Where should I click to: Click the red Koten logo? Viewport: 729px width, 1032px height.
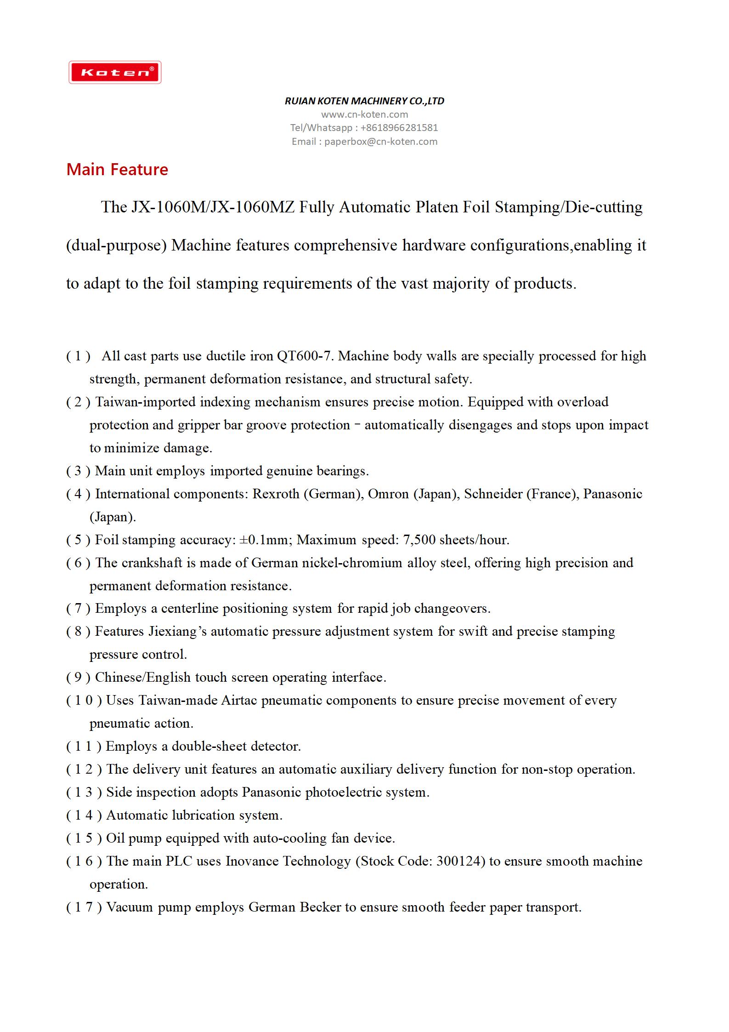pyautogui.click(x=115, y=72)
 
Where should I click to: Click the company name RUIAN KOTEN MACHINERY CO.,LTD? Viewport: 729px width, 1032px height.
pyautogui.click(x=364, y=101)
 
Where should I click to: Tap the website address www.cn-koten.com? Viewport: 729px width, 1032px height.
pyautogui.click(x=364, y=114)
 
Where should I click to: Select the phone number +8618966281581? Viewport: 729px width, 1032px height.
pyautogui.click(x=399, y=128)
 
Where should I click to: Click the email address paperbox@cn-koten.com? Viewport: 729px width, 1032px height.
pyautogui.click(x=381, y=142)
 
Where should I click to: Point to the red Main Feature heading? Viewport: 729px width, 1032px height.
pyautogui.click(x=117, y=170)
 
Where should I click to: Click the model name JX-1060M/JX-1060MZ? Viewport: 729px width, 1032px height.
pyautogui.click(x=213, y=207)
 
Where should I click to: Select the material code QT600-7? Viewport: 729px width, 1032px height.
pyautogui.click(x=305, y=356)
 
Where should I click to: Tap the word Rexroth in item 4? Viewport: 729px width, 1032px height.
pyautogui.click(x=276, y=494)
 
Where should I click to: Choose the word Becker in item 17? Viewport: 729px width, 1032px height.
pyautogui.click(x=321, y=907)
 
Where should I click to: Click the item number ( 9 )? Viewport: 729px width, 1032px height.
pyautogui.click(x=78, y=678)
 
